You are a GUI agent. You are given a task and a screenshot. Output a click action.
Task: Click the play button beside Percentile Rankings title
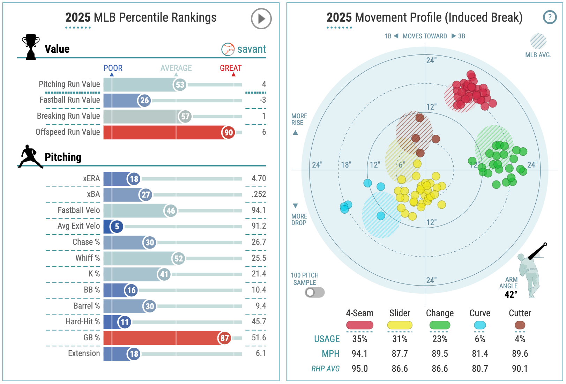261,19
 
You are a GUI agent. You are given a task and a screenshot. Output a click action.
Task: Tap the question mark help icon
549,17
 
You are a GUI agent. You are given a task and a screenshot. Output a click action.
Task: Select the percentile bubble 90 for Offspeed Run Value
229,132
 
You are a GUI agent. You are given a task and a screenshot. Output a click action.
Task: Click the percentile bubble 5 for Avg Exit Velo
117,227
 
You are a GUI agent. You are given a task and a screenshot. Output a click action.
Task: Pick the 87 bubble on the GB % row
224,338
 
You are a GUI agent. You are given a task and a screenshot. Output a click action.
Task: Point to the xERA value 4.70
259,178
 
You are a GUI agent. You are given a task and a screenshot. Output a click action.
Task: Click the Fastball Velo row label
79,210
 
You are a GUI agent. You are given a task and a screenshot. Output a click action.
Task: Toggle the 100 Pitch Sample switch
315,293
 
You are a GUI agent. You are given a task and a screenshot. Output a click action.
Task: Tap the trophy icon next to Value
31,47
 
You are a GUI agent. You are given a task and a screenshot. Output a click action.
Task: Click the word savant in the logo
251,49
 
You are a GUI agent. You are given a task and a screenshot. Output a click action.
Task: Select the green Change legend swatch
440,325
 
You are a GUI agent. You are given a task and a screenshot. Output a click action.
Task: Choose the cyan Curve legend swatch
479,325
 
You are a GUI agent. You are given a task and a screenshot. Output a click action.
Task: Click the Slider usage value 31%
400,339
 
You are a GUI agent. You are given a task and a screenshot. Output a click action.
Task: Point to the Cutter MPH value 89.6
520,354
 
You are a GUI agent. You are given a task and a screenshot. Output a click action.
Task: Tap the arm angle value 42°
511,295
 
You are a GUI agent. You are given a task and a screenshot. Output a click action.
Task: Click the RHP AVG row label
326,369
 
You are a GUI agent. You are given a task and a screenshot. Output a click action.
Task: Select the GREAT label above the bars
231,68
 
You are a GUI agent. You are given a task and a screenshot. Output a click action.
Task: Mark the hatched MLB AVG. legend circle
538,41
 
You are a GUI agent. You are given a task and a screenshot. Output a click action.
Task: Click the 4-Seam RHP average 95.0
360,369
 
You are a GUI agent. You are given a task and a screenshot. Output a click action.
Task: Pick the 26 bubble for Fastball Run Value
144,101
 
